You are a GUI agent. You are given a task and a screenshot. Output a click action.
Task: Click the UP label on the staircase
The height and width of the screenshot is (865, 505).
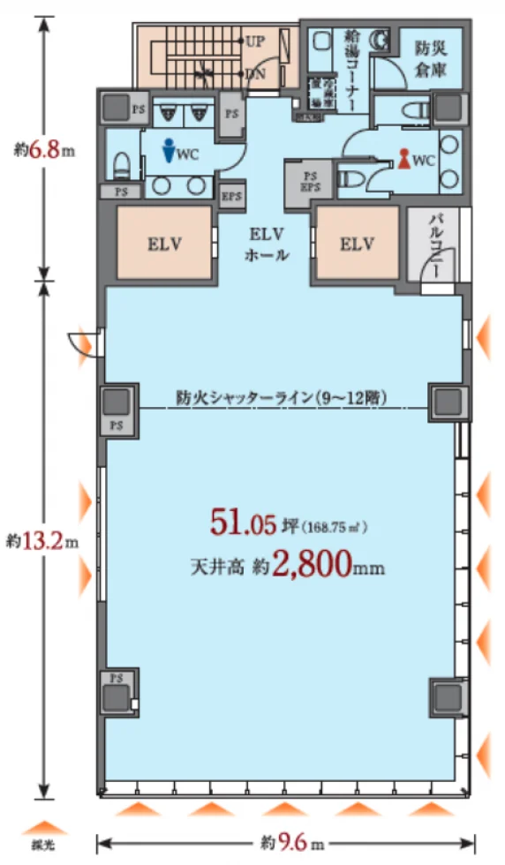point(257,41)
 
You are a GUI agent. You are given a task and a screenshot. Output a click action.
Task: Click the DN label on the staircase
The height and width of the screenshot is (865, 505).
point(256,74)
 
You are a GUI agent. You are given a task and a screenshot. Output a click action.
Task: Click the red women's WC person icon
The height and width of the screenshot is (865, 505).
point(404,159)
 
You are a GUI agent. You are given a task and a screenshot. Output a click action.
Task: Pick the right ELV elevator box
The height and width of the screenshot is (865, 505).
point(356,244)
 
